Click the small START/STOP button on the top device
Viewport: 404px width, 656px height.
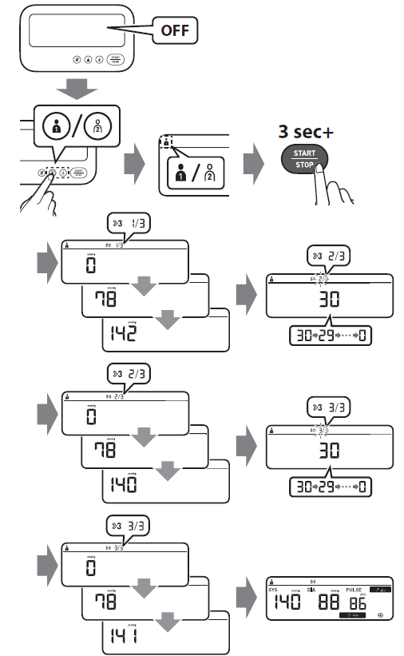click(116, 59)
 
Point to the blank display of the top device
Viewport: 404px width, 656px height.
click(76, 33)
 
